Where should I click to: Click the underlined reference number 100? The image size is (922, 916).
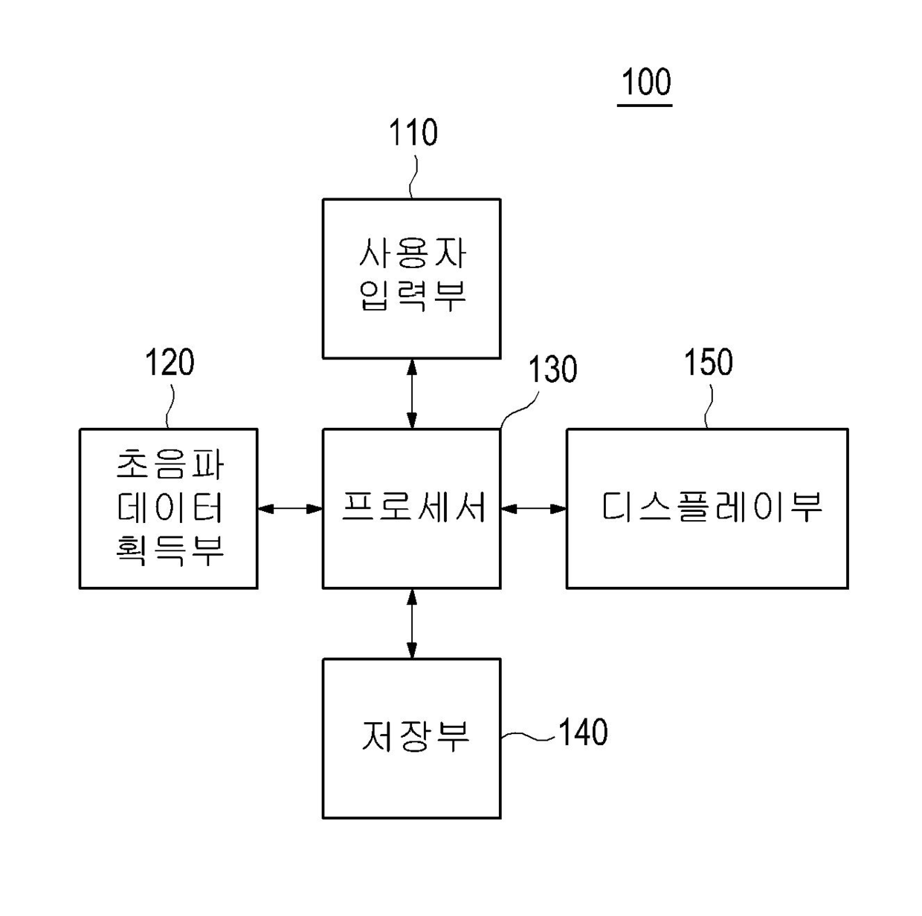click(645, 82)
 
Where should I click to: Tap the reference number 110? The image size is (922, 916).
click(413, 133)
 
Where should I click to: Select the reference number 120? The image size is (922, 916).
click(169, 363)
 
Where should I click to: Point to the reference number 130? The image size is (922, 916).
click(552, 369)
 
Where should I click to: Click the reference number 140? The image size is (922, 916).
click(583, 733)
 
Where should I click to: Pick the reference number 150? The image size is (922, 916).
click(708, 363)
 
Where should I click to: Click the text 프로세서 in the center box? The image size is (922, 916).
click(413, 507)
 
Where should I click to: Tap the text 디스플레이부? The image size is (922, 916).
click(711, 507)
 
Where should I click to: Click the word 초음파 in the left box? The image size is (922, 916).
click(170, 465)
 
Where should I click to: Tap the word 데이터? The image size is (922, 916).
click(170, 507)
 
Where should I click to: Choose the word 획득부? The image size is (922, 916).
click(170, 550)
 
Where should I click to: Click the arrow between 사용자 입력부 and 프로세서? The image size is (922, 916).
click(412, 393)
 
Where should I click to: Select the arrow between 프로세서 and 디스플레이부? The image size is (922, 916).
click(533, 509)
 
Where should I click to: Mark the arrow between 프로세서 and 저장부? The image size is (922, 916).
click(412, 623)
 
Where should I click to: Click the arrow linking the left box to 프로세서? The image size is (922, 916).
click(290, 509)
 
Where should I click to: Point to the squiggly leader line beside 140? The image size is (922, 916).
click(528, 736)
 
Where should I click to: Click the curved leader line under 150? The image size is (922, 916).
click(707, 406)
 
